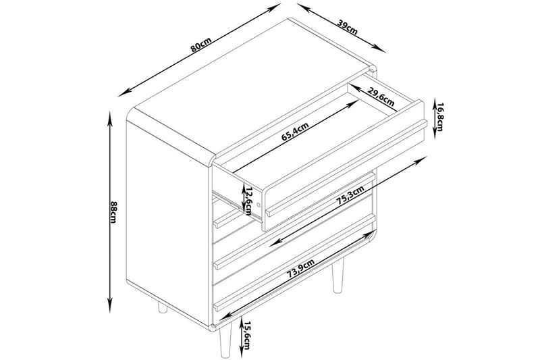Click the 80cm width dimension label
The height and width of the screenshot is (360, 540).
click(200, 45)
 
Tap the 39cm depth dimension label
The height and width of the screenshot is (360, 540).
click(347, 27)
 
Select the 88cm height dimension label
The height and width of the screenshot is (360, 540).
click(113, 212)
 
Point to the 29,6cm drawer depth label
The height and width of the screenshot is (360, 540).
click(381, 97)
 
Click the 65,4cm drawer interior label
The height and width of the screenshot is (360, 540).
click(295, 132)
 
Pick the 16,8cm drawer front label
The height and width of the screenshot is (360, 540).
click(439, 116)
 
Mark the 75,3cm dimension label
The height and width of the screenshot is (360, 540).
click(350, 196)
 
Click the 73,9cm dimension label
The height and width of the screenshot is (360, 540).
click(301, 269)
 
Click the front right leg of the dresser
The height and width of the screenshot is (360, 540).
click(225, 340)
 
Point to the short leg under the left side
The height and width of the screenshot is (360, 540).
click(162, 307)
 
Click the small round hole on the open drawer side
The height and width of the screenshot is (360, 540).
click(259, 205)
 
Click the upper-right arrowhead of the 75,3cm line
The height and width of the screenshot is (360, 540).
click(421, 160)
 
